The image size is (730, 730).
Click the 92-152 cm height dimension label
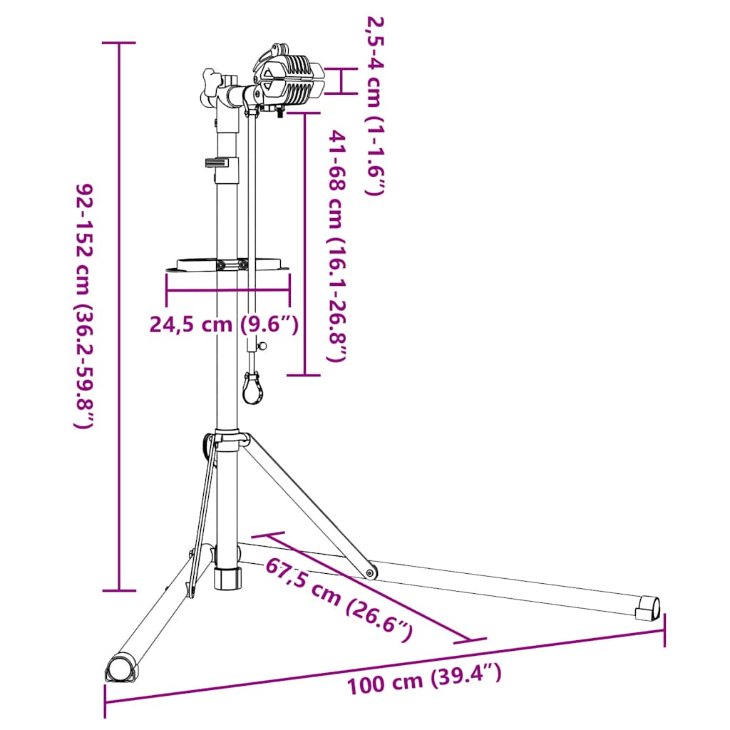tap(84, 307)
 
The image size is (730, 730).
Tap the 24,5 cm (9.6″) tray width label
tap(223, 324)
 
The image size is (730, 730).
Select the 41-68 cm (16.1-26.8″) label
tap(337, 246)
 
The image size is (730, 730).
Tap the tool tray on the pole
tap(228, 264)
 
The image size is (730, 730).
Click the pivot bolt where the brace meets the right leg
tap(370, 572)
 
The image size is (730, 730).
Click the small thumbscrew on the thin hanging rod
tap(262, 346)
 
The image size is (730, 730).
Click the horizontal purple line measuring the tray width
tap(227, 291)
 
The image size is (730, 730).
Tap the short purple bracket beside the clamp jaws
tap(341, 81)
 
